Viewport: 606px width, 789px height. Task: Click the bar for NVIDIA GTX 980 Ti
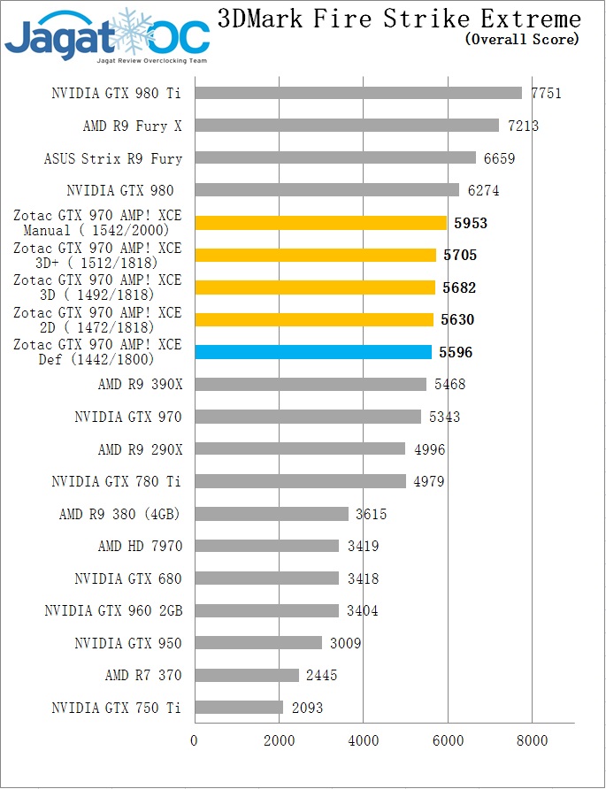click(x=357, y=93)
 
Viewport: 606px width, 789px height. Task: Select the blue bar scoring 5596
click(x=313, y=352)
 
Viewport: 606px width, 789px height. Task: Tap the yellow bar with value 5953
click(x=320, y=223)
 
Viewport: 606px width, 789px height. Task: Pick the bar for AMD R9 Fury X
click(x=347, y=126)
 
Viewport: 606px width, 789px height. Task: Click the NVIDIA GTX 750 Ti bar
click(x=239, y=708)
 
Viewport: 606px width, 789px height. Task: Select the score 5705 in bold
click(x=460, y=256)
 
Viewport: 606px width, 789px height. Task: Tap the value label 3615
click(x=370, y=514)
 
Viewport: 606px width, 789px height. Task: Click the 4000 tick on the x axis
click(x=363, y=740)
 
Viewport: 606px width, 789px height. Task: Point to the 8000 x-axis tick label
click(x=532, y=740)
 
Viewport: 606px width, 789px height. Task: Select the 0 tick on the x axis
click(x=195, y=740)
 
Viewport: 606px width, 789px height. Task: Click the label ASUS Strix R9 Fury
click(x=113, y=159)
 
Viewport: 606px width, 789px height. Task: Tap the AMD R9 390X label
click(x=140, y=385)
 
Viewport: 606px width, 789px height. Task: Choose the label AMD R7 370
click(x=143, y=676)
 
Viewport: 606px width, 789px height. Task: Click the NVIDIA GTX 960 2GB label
click(x=113, y=611)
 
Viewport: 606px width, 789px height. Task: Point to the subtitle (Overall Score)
click(x=522, y=39)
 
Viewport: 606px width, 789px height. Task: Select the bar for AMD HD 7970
click(x=266, y=546)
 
